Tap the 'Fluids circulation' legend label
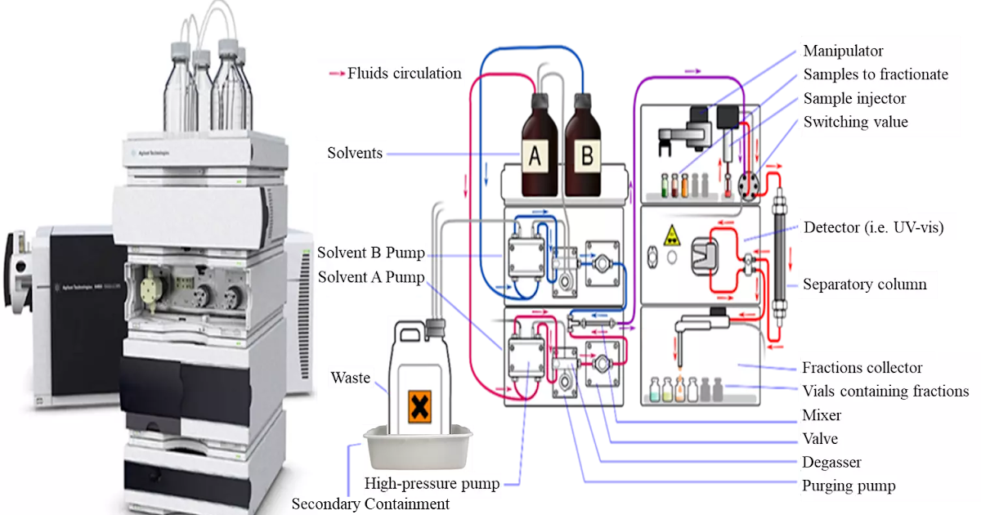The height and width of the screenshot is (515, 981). tap(404, 74)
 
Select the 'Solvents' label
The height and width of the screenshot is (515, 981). tap(355, 154)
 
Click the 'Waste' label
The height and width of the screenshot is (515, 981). tap(350, 378)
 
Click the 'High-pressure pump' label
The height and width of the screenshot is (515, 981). tap(432, 483)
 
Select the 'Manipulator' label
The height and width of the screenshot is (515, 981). tap(843, 51)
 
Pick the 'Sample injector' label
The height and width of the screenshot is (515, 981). tap(854, 98)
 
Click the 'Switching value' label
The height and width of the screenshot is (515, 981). tap(855, 122)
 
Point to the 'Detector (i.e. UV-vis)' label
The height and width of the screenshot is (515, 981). tap(874, 228)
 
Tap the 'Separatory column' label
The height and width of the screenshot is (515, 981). tap(864, 284)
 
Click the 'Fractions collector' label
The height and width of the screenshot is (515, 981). tap(862, 368)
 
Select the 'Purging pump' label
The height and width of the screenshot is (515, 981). tap(849, 486)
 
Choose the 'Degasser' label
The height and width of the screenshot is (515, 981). tap(831, 463)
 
